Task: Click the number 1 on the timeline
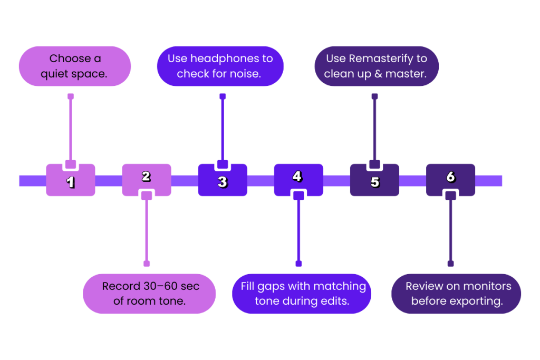pos(71,182)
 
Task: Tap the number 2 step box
pos(146,177)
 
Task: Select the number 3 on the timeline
pos(223,182)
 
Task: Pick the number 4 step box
pos(298,177)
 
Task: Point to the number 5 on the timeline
pos(374,182)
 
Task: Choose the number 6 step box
pos(450,177)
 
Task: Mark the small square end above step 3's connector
pos(223,96)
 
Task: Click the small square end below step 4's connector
pos(298,264)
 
